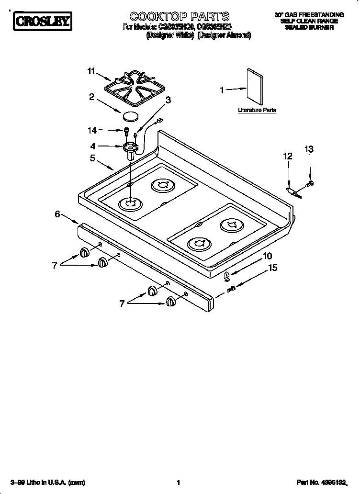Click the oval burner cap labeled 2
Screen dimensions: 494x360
point(130,116)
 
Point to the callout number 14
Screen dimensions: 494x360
point(91,130)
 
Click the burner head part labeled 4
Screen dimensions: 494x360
point(130,147)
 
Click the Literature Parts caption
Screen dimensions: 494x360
point(257,110)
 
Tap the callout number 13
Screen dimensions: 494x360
point(309,149)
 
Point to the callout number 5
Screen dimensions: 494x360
point(92,157)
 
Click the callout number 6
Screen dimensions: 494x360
point(57,214)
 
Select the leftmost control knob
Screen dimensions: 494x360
point(84,252)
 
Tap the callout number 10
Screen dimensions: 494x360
point(267,256)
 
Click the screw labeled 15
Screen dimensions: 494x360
point(231,288)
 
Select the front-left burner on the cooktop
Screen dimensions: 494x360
point(130,204)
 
